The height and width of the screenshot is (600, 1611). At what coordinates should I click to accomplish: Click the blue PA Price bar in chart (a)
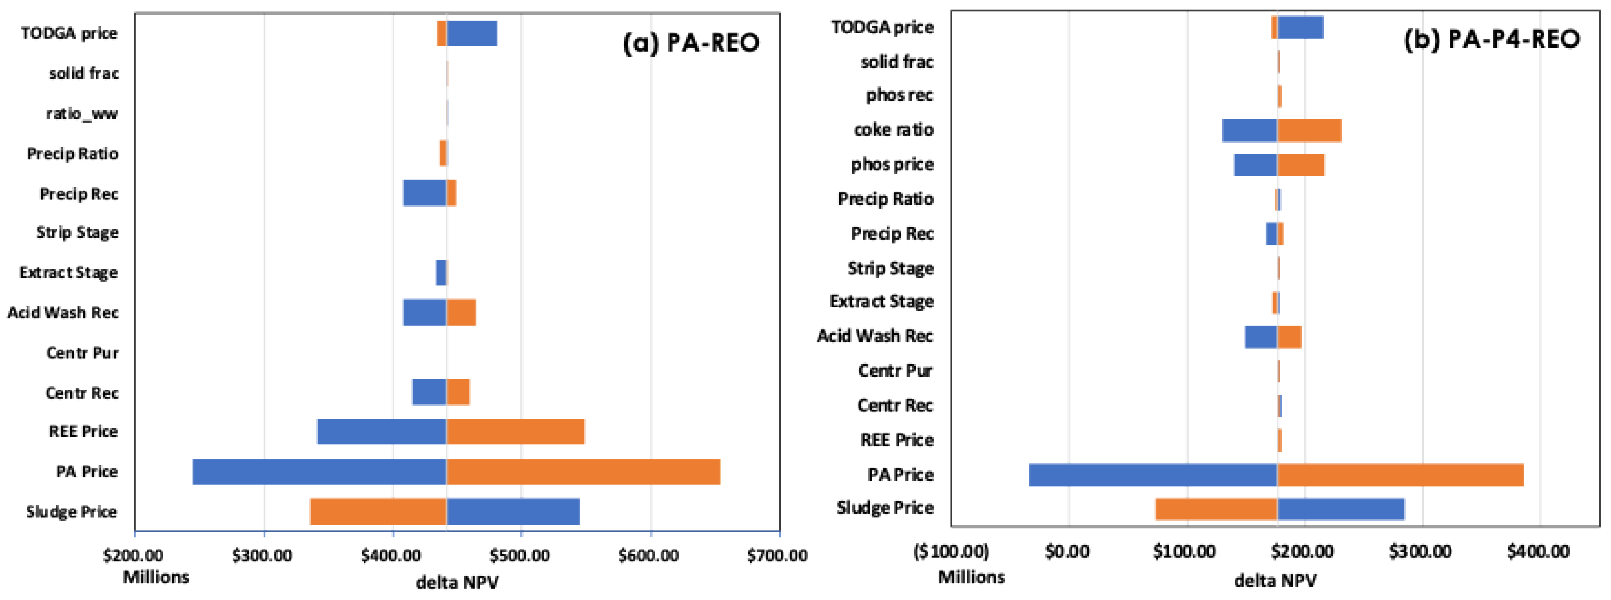click(319, 472)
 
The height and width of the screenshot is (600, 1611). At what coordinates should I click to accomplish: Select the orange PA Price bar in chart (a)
click(583, 472)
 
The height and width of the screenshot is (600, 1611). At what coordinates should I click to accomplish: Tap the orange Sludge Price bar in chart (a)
click(378, 512)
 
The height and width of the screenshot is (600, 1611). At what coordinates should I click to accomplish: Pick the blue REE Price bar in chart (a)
click(382, 432)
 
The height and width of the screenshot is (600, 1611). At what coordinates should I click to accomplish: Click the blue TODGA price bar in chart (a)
click(471, 33)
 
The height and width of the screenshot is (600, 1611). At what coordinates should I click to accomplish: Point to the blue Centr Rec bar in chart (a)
click(429, 392)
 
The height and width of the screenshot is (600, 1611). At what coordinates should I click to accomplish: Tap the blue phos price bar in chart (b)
click(1255, 165)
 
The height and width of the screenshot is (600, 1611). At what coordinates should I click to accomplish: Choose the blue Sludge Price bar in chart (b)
click(1341, 509)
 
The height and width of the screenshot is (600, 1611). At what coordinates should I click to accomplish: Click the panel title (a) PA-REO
click(691, 42)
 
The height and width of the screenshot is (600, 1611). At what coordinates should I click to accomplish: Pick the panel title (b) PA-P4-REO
click(1491, 39)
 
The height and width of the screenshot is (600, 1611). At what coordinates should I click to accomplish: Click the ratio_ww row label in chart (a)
click(82, 114)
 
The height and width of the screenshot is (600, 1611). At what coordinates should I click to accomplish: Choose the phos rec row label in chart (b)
click(899, 95)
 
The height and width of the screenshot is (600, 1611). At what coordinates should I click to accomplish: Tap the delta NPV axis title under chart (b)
click(1275, 581)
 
